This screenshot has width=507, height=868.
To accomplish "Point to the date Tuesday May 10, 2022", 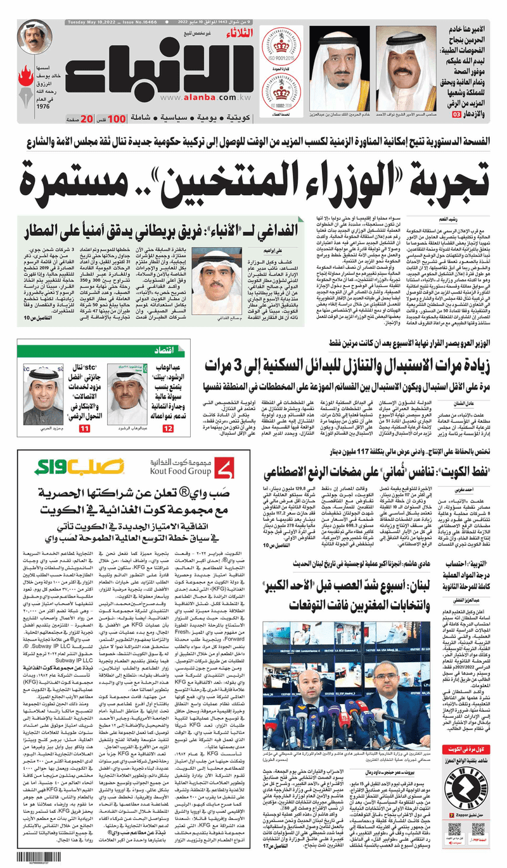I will [79, 23].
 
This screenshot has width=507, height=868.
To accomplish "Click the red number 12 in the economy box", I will [167, 411].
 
